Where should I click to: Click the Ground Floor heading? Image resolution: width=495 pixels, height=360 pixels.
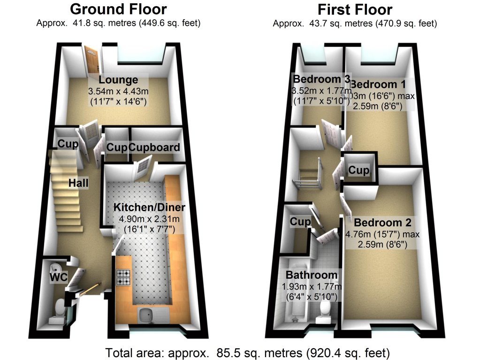point(118,9)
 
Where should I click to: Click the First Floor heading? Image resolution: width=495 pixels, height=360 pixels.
point(355,9)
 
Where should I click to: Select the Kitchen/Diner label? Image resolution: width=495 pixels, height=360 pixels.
point(149,207)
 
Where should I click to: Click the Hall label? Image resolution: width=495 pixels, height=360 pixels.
point(78,183)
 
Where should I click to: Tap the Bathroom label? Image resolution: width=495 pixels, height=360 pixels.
point(312,275)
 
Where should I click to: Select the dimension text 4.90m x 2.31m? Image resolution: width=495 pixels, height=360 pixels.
point(149,219)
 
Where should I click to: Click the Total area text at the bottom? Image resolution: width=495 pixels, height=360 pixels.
point(247,352)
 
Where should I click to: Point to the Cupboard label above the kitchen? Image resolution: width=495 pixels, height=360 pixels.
point(154,147)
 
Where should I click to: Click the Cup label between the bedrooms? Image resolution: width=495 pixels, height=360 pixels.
point(359,170)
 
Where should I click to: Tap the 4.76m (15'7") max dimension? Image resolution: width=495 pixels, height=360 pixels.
point(382,234)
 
